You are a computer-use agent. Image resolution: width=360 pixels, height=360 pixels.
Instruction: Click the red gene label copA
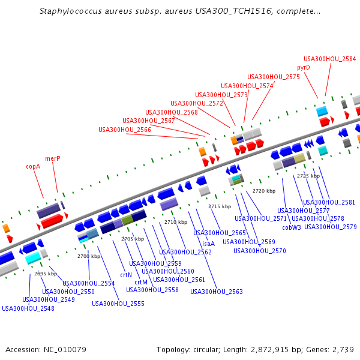pos(33,166)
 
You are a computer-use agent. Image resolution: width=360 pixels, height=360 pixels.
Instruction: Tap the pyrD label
pos(304,68)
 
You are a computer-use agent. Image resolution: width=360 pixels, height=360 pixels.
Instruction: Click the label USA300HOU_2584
pos(329,59)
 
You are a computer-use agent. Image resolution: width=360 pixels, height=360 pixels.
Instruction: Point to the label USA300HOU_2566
pos(125,130)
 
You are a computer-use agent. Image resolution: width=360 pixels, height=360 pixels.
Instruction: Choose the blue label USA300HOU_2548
pos(28,308)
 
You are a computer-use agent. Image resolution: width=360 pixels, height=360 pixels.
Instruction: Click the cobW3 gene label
pos(292,227)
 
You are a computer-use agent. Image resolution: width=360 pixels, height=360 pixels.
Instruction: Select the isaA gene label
pos(208,244)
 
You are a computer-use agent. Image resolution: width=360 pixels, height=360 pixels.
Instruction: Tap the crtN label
pos(126,275)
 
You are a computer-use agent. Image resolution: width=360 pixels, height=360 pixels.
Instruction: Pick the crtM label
pos(141,282)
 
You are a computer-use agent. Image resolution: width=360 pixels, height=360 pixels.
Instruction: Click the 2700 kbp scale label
pos(88,256)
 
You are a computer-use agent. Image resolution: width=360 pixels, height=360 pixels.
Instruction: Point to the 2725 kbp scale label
pos(308,176)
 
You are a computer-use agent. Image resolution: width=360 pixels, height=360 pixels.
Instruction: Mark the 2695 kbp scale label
pos(45,274)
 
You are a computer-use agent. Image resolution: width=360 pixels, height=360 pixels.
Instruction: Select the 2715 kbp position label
pos(220,206)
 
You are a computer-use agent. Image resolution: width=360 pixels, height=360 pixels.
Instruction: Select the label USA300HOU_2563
pos(217,292)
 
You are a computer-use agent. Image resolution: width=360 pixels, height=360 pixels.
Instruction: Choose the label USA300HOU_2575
pos(274,77)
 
